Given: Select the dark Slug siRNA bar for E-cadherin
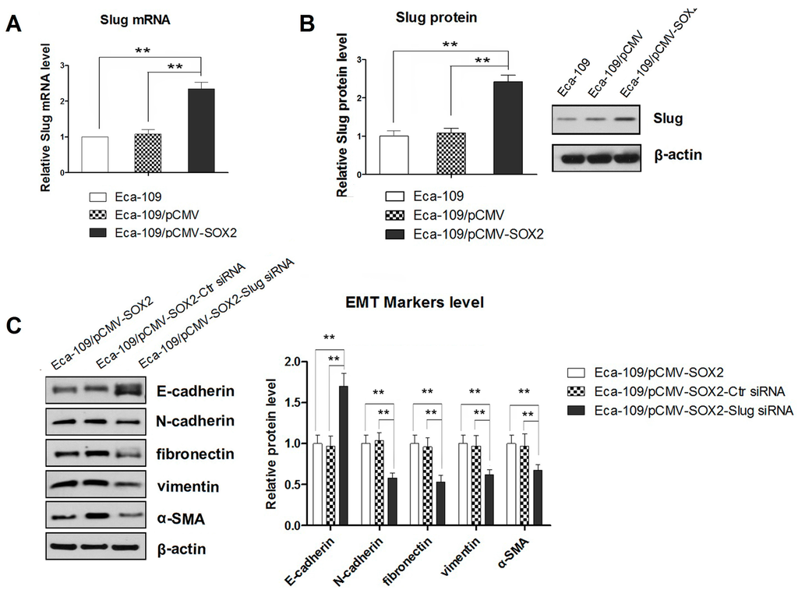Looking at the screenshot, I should [x=343, y=455].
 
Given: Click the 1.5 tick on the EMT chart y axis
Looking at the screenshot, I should [x=292, y=402].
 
